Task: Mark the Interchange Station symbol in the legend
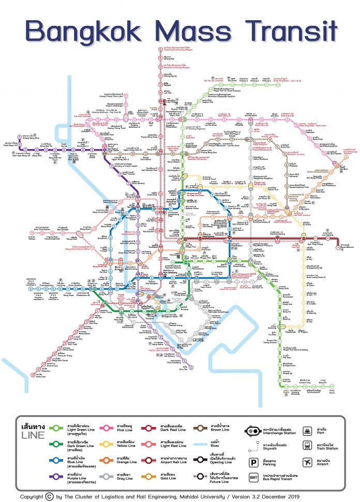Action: [x=254, y=430]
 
